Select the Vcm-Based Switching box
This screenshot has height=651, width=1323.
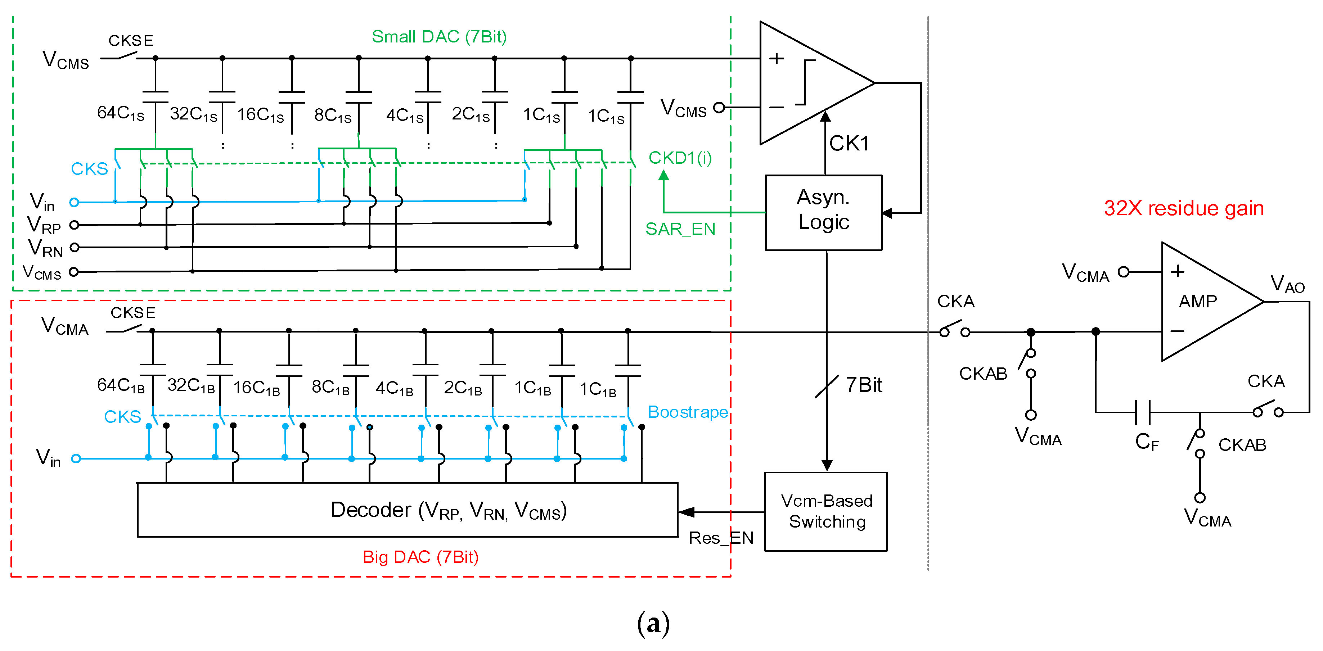[x=826, y=511]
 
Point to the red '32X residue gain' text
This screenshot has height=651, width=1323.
[x=1184, y=208]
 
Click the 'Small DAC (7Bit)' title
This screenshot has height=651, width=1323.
[x=439, y=36]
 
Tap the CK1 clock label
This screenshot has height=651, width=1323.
[x=849, y=143]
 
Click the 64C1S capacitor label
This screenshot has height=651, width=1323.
[x=121, y=113]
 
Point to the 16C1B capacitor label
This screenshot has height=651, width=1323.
[x=257, y=388]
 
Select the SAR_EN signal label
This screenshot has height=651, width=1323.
[x=680, y=229]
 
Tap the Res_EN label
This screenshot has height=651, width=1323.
[x=721, y=538]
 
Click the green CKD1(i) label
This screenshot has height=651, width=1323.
[x=680, y=158]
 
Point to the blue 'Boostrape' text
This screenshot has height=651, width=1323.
[x=688, y=412]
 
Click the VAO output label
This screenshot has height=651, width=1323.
[x=1287, y=284]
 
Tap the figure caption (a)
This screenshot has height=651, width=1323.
[x=653, y=624]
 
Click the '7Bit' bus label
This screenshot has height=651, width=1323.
[x=864, y=385]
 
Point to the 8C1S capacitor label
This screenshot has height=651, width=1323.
[x=333, y=115]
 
